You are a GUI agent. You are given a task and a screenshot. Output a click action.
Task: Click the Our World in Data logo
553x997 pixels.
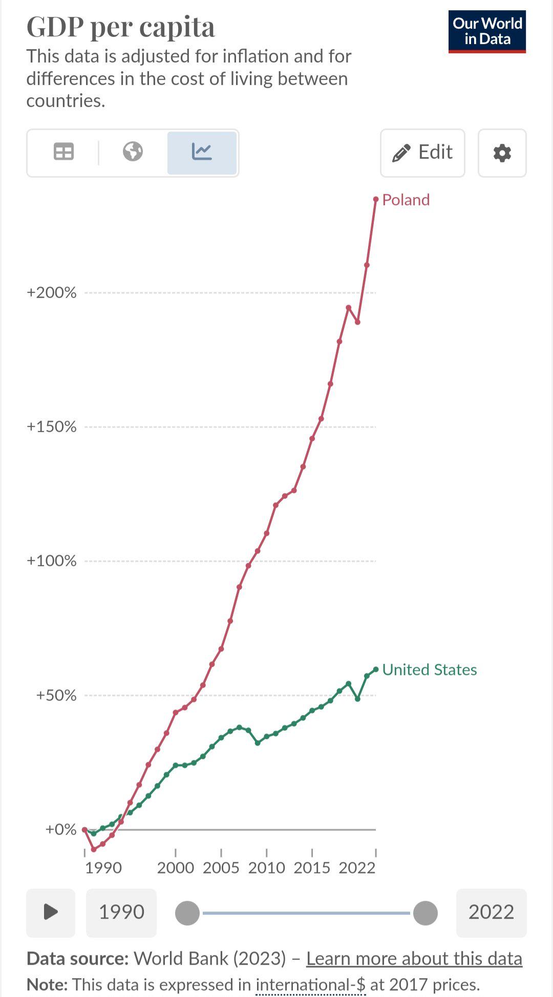pyautogui.click(x=487, y=31)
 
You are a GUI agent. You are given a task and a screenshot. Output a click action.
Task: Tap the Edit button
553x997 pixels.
pyautogui.click(x=422, y=153)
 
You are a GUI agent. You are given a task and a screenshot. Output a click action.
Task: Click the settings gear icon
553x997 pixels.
pyautogui.click(x=502, y=153)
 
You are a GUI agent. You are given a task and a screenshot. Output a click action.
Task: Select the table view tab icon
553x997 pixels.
pyautogui.click(x=63, y=152)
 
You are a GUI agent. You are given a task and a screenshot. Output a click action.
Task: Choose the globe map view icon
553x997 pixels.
pyautogui.click(x=133, y=152)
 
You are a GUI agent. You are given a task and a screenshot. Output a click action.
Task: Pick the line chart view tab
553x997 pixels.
pyautogui.click(x=202, y=153)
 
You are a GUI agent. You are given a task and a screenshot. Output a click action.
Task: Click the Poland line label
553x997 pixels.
pyautogui.click(x=406, y=200)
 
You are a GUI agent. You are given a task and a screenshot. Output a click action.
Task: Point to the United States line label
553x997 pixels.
pyautogui.click(x=429, y=669)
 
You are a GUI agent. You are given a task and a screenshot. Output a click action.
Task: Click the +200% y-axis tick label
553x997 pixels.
pyautogui.click(x=51, y=292)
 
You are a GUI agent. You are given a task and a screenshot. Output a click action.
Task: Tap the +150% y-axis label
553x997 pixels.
pyautogui.click(x=51, y=426)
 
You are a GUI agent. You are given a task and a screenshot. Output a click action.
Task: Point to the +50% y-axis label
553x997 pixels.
pyautogui.click(x=56, y=695)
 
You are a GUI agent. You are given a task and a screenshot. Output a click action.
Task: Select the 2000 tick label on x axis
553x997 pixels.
pyautogui.click(x=176, y=868)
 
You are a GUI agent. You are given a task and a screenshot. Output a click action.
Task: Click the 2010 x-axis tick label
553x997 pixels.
pyautogui.click(x=266, y=868)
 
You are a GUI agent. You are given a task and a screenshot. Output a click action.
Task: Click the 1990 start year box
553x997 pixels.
pyautogui.click(x=121, y=912)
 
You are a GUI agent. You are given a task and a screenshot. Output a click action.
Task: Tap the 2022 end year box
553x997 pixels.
pyautogui.click(x=491, y=912)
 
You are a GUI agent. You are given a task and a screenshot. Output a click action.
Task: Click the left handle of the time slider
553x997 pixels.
pyautogui.click(x=187, y=913)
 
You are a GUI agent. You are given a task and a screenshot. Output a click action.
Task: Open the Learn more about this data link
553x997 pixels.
pyautogui.click(x=414, y=959)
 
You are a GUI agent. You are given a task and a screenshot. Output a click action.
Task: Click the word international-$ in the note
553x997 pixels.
pyautogui.click(x=310, y=985)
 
